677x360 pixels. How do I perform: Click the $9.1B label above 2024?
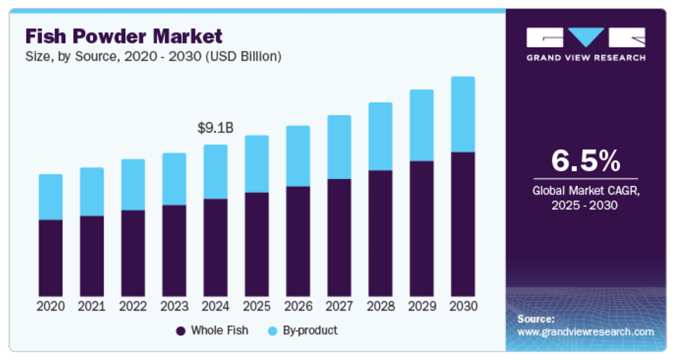[x=215, y=128]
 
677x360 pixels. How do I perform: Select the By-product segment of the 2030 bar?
[x=463, y=114]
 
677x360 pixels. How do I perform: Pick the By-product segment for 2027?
[x=339, y=147]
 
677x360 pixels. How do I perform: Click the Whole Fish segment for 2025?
[x=256, y=244]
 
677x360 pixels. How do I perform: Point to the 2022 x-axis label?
[x=133, y=306]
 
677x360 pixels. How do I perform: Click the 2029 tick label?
[x=421, y=306]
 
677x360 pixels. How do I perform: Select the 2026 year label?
[x=298, y=306]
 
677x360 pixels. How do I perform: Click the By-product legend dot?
[x=273, y=331]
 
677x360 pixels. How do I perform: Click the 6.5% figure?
[x=585, y=160]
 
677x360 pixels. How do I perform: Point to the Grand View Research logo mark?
[x=585, y=37]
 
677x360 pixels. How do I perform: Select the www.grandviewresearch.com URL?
[x=585, y=332]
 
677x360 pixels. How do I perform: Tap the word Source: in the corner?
[x=535, y=319]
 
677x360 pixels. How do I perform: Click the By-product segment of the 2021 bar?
[x=92, y=191]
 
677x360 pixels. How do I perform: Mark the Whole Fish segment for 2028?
[x=380, y=233]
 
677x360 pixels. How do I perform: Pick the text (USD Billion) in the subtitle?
[x=243, y=56]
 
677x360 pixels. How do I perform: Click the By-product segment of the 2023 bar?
[x=174, y=179]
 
